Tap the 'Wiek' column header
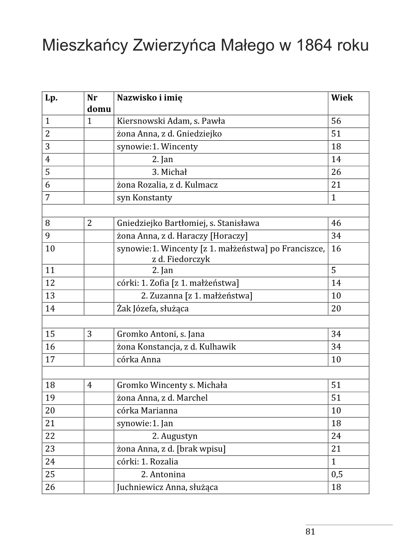coord(342,98)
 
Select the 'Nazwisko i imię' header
coord(149,98)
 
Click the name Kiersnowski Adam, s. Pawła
coord(171,121)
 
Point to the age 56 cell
coord(336,121)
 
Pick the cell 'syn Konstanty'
coord(145,198)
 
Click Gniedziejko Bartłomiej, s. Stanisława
coord(188,223)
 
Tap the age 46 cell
coord(336,223)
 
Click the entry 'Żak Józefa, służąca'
coord(153,309)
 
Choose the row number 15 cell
coord(50,334)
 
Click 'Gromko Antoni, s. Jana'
coord(161,334)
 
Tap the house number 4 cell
coord(90,385)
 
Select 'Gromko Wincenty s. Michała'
coord(172,385)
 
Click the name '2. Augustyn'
coord(175,436)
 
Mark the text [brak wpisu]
coord(201,449)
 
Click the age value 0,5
coord(337,474)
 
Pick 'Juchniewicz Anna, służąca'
coord(167,487)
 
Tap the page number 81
coord(310,532)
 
